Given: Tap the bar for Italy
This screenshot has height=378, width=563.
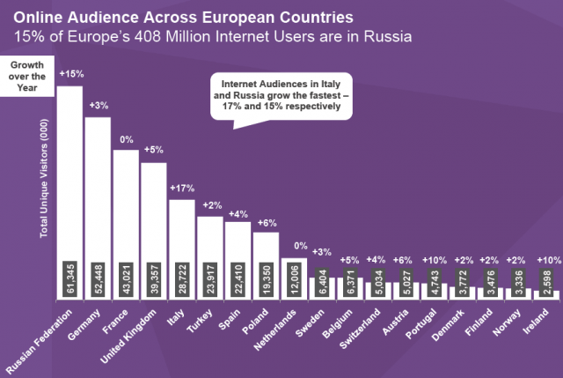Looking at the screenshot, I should pyautogui.click(x=181, y=229).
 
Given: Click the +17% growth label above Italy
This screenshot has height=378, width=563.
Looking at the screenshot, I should pyautogui.click(x=181, y=188).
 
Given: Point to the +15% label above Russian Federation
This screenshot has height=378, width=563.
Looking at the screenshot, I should pyautogui.click(x=70, y=75).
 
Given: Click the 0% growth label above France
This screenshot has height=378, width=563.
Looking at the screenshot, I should pyautogui.click(x=126, y=139).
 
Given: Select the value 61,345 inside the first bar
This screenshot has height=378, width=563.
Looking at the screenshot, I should pyautogui.click(x=69, y=280).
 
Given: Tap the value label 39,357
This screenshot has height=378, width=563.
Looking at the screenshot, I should pyautogui.click(x=154, y=280).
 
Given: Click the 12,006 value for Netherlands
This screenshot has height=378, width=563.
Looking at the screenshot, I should pyautogui.click(x=294, y=280).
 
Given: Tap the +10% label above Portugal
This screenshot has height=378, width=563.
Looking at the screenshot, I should pyautogui.click(x=435, y=260).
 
